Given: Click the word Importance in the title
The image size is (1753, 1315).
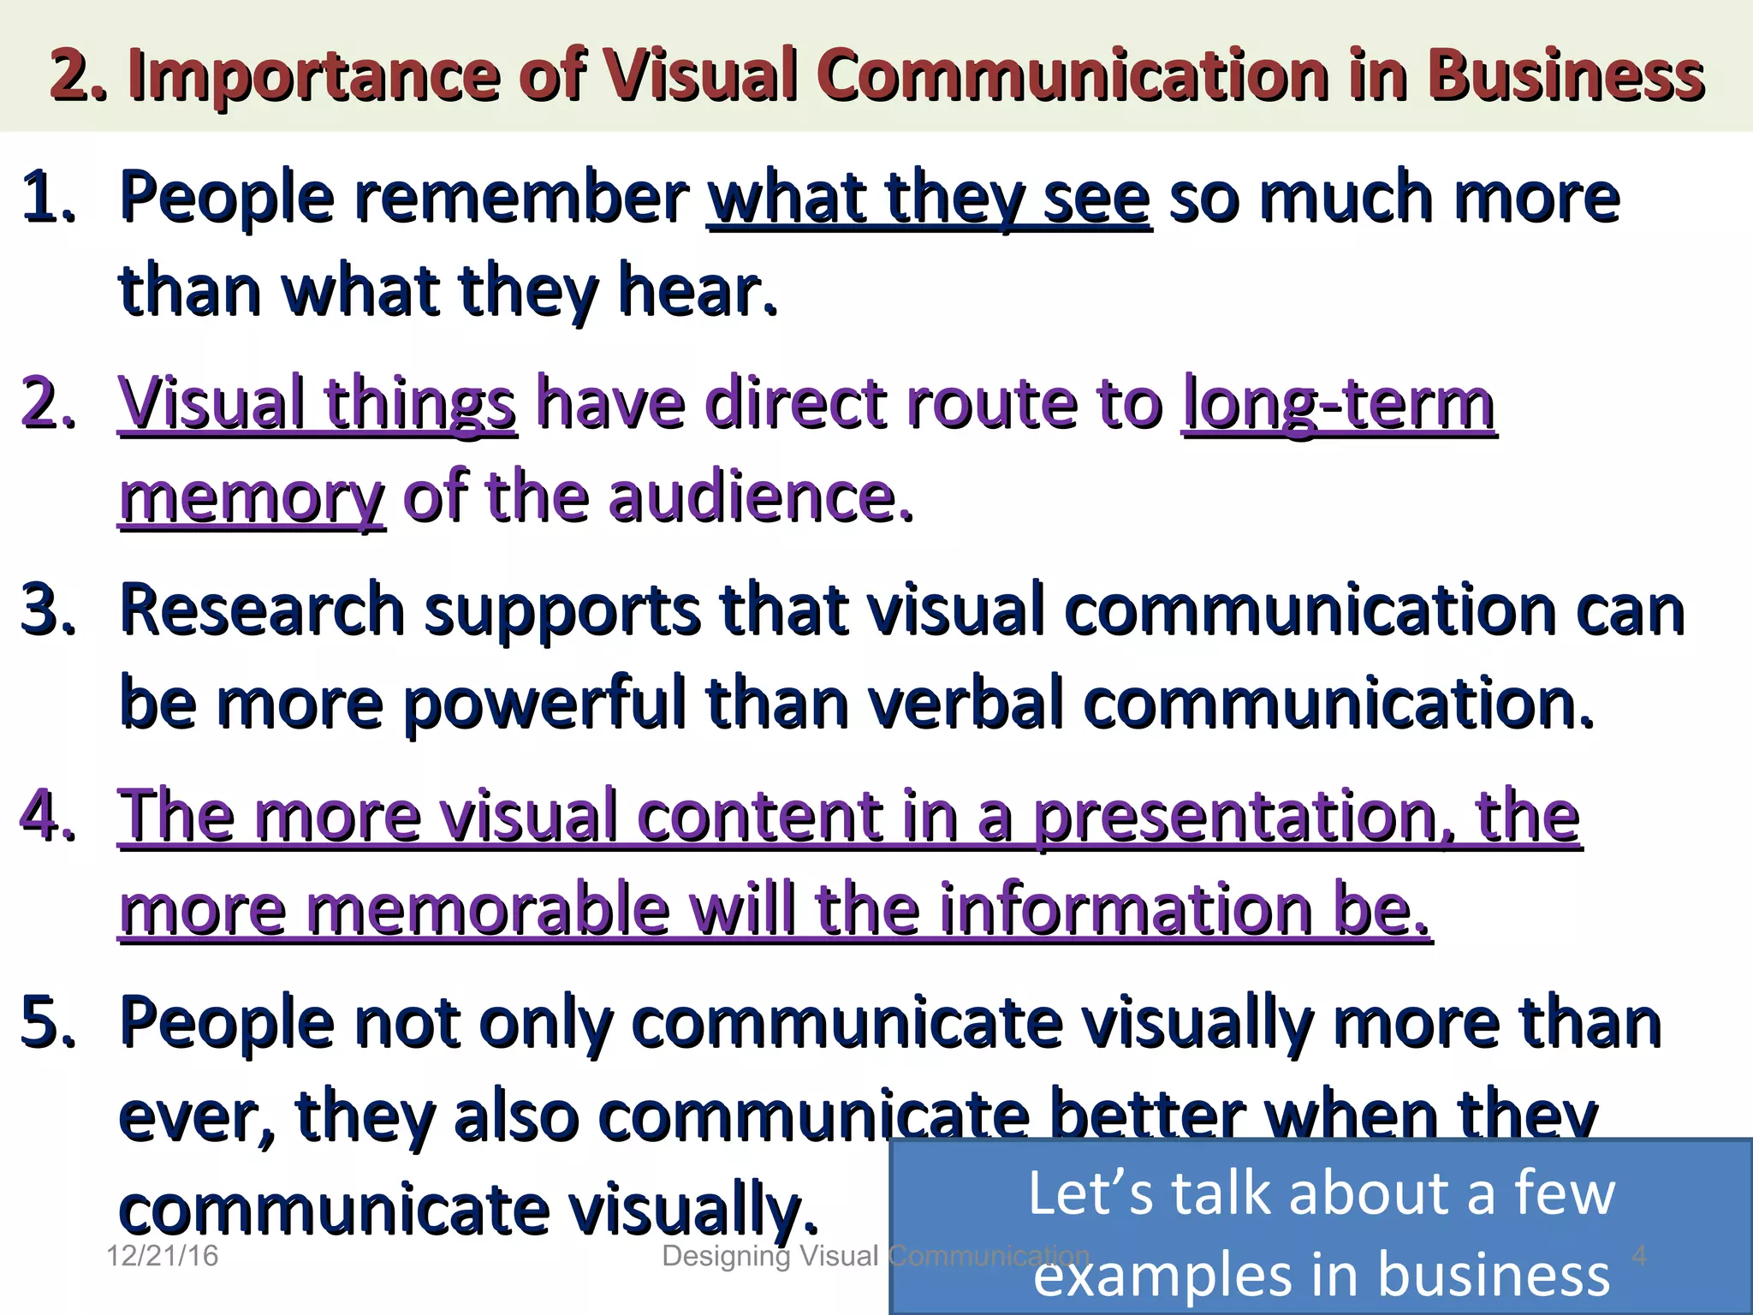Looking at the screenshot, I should pyautogui.click(x=313, y=75).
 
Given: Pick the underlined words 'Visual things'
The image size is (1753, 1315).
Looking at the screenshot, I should pyautogui.click(x=317, y=404).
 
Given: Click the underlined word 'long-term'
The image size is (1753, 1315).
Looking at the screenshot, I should pyautogui.click(x=1340, y=404).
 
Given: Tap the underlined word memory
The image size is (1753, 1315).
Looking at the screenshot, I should pyautogui.click(x=252, y=498).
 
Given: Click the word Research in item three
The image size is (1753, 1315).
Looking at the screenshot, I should pyautogui.click(x=262, y=610).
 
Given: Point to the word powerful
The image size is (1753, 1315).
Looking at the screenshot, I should pyautogui.click(x=546, y=704).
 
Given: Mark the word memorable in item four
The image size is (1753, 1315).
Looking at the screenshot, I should pyautogui.click(x=488, y=909).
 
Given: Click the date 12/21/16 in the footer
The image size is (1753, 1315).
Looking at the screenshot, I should pyautogui.click(x=162, y=1256).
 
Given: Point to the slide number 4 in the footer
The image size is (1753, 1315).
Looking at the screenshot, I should pyautogui.click(x=1638, y=1255).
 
